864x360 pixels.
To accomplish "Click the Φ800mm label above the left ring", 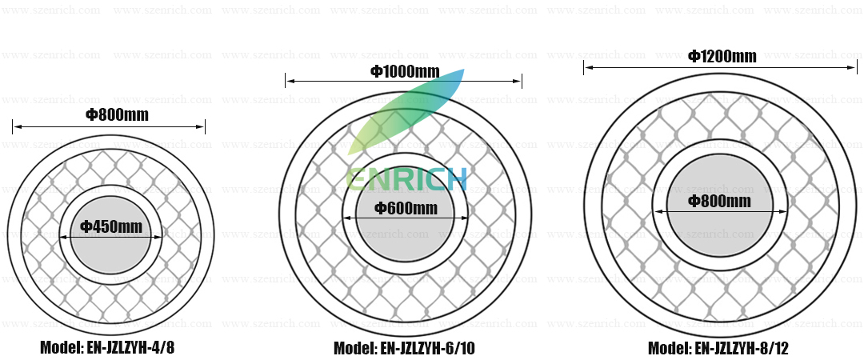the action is [117, 114].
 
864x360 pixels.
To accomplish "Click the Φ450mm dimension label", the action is [111, 226].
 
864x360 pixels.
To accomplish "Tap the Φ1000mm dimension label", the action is [405, 72].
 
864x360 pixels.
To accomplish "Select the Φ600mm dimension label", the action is [406, 208].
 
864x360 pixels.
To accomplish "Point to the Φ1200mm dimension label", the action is [722, 56].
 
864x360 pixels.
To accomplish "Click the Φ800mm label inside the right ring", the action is [720, 201].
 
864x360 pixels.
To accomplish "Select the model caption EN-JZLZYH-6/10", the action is [405, 349].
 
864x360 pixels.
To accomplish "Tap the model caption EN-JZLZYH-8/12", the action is [718, 349].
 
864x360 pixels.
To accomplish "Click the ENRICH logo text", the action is [406, 178].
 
